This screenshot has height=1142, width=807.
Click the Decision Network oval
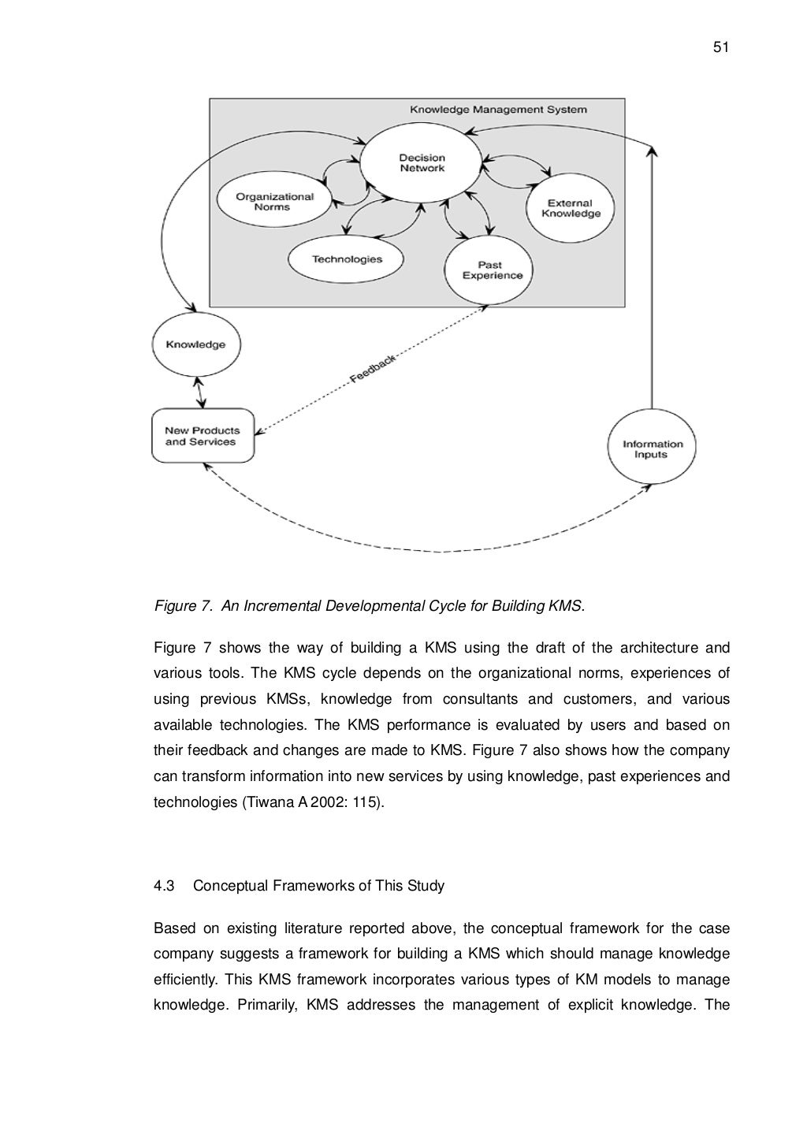(x=422, y=163)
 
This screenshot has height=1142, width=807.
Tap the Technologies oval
(x=347, y=259)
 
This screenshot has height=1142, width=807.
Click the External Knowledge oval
(x=570, y=208)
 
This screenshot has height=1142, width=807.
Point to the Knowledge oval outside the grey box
(x=195, y=344)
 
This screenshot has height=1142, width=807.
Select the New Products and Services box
(x=203, y=436)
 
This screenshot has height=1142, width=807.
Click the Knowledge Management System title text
(x=497, y=110)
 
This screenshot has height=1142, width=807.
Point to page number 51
(x=720, y=48)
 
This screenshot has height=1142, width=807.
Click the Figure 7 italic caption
(x=370, y=606)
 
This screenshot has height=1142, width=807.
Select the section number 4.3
(x=163, y=886)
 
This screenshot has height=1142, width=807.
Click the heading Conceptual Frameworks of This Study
(x=318, y=886)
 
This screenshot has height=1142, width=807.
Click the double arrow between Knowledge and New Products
(x=201, y=392)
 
